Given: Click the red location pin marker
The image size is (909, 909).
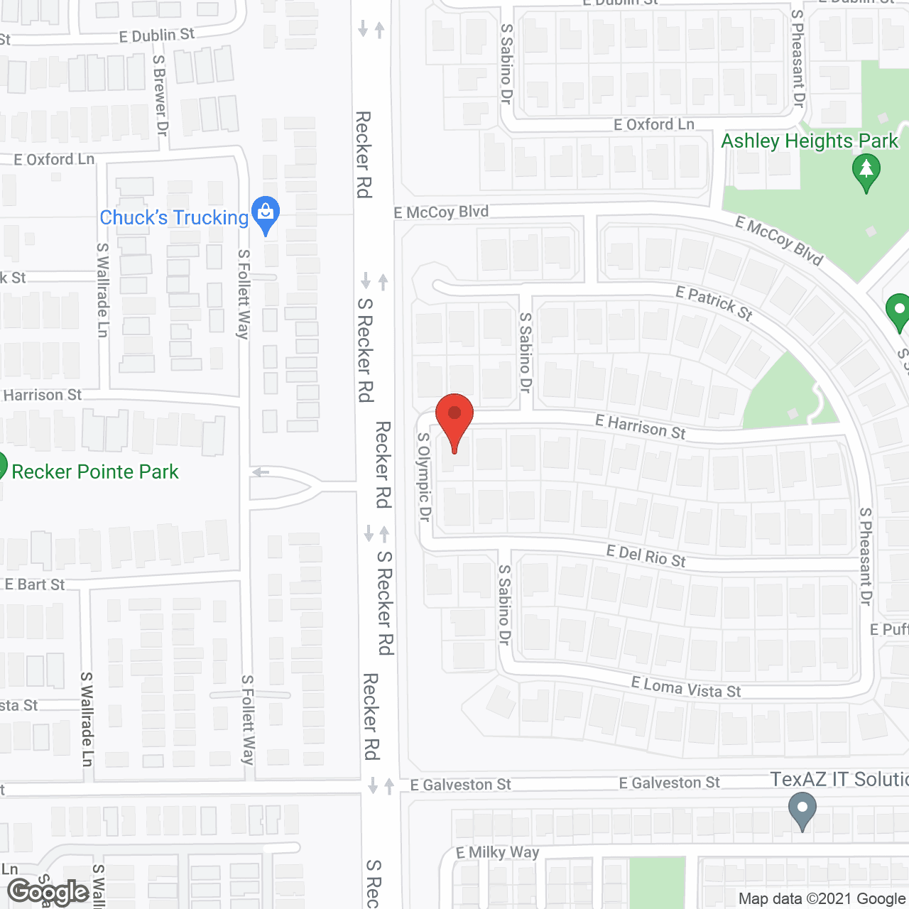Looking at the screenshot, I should (x=454, y=419).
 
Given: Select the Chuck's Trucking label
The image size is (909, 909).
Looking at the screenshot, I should (x=174, y=217).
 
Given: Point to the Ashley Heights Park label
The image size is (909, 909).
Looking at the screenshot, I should (x=810, y=141).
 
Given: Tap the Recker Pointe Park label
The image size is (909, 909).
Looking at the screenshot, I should (x=95, y=472).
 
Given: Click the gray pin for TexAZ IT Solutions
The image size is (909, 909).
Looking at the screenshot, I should (x=802, y=810).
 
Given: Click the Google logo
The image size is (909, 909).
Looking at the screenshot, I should (x=48, y=892).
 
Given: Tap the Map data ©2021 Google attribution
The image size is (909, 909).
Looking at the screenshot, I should (x=822, y=898).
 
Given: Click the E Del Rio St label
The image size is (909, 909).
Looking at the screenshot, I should (x=646, y=556).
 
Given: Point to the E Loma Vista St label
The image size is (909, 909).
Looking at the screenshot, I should (x=686, y=687).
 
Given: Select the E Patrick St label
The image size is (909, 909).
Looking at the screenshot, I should (x=714, y=303).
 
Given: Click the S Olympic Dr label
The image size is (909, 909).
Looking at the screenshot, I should (x=424, y=477).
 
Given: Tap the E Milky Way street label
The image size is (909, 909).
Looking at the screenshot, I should (x=497, y=852).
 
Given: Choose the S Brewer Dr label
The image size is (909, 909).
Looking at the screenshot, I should (x=160, y=96).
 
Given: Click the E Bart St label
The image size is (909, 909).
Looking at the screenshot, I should (x=35, y=584).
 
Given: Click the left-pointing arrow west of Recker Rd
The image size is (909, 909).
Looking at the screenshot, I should (x=261, y=472).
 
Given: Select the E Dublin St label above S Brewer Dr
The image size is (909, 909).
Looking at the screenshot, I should (x=156, y=36).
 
